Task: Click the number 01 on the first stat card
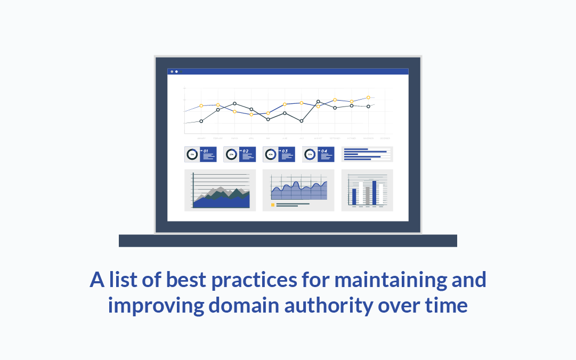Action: pyautogui.click(x=206, y=151)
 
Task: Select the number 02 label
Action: pyautogui.click(x=245, y=151)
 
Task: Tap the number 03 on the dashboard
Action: pyautogui.click(x=285, y=151)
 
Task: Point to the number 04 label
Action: pyautogui.click(x=324, y=151)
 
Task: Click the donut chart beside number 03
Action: pyautogui.click(x=271, y=155)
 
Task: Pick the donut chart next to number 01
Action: pyautogui.click(x=192, y=155)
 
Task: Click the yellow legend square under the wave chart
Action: pyautogui.click(x=273, y=204)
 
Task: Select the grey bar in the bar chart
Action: pyautogui.click(x=367, y=195)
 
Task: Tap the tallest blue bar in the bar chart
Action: pyautogui.click(x=374, y=193)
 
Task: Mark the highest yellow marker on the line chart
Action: pyautogui.click(x=368, y=97)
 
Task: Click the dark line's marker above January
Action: pyautogui.click(x=201, y=121)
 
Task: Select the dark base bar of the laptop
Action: pyautogui.click(x=288, y=241)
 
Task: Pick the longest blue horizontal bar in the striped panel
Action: pyautogui.click(x=366, y=152)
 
